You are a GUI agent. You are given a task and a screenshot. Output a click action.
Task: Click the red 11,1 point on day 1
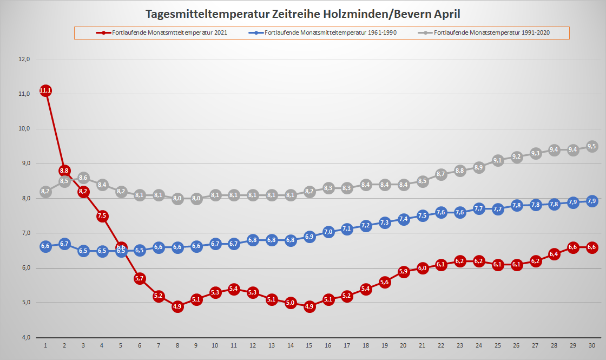click(x=45, y=90)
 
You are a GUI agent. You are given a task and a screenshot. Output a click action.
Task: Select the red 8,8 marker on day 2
click(x=64, y=171)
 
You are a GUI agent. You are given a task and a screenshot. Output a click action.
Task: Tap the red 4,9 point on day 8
click(x=177, y=306)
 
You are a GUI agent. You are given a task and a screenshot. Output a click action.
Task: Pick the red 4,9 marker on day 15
click(x=309, y=306)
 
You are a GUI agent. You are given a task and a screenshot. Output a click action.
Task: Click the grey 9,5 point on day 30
click(x=592, y=146)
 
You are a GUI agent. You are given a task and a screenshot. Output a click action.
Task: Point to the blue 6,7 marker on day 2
click(x=64, y=244)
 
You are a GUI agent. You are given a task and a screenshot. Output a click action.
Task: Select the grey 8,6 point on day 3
click(x=83, y=178)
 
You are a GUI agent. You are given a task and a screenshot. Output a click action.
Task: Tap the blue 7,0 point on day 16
click(x=328, y=232)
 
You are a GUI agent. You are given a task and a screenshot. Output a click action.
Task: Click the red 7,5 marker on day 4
click(x=102, y=216)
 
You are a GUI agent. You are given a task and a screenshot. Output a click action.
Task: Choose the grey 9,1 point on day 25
click(x=498, y=160)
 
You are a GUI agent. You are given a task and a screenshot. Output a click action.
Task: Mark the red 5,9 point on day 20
click(x=404, y=271)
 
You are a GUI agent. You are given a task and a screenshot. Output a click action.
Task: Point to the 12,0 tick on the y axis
click(x=24, y=60)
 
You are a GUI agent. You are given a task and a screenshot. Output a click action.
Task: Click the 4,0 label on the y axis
click(x=24, y=337)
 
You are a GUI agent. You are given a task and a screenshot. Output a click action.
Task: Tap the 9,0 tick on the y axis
click(x=24, y=163)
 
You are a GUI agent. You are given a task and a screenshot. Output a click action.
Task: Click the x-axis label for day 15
click(x=309, y=345)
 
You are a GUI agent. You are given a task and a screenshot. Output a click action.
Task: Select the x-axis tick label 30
click(x=592, y=345)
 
